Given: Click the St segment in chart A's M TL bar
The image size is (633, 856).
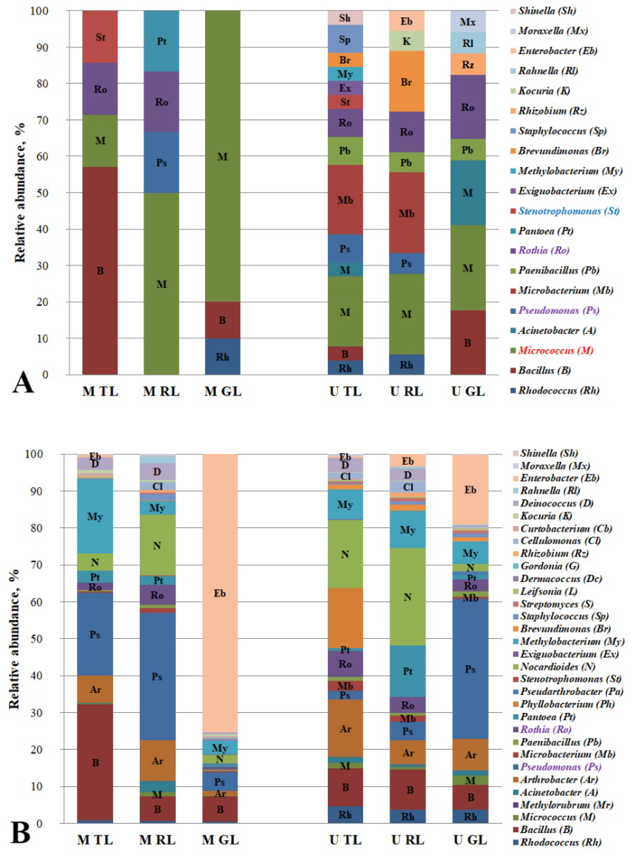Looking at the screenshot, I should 100,37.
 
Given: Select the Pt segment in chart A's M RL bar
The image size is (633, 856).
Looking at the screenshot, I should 161,41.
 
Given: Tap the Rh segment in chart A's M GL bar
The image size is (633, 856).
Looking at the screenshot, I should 222,356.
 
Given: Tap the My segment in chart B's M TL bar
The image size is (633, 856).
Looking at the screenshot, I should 95,516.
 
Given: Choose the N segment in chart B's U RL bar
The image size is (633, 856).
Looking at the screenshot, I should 408,597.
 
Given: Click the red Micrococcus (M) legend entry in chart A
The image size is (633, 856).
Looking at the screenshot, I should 556,351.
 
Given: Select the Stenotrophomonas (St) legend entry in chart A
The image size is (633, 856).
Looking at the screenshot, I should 569,211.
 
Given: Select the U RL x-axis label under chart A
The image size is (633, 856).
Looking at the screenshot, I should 406,391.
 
